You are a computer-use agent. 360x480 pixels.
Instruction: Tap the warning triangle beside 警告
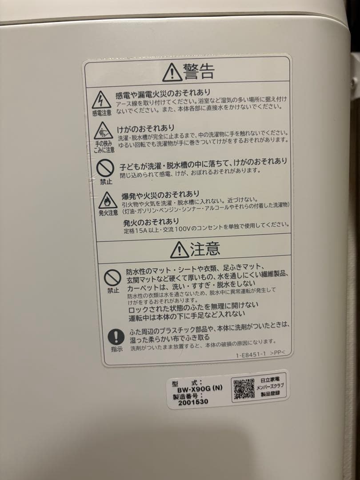pos(172,72)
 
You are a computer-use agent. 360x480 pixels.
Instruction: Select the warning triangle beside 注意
pos(179,250)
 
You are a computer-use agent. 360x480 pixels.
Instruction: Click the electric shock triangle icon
pos(101,100)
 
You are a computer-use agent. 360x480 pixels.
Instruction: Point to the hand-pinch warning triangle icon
pos(103,131)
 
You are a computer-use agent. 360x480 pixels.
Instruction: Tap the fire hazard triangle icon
pos(108,201)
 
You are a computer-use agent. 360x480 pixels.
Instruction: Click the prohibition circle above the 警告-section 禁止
pos(105,168)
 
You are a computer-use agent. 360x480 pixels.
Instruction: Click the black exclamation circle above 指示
pos(116,336)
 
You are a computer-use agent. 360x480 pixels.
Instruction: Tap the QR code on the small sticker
pos(244,389)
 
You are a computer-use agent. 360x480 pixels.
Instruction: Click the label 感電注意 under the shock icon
pos(102,113)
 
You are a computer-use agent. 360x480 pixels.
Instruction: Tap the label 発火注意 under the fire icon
pos(108,213)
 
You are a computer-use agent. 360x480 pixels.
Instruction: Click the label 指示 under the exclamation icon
pos(116,349)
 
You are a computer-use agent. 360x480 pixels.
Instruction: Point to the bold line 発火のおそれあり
pos(151,221)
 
